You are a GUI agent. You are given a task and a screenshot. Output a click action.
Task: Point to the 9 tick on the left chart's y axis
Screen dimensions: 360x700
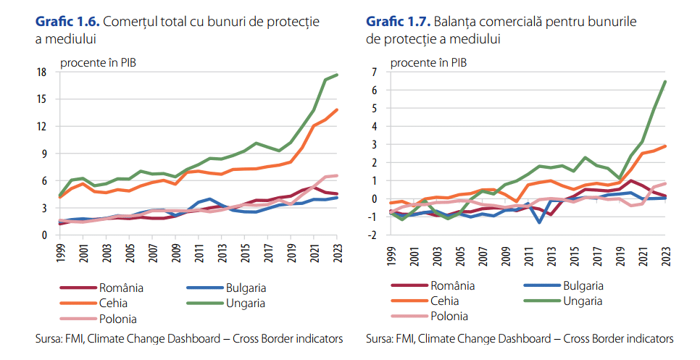click(44, 154)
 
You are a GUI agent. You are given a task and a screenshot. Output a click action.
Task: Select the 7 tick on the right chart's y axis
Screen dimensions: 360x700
click(375, 72)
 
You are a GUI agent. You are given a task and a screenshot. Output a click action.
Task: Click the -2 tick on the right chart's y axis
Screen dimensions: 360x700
click(372, 235)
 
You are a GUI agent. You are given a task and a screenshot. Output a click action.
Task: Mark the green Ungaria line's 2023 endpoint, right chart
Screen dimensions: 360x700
click(666, 81)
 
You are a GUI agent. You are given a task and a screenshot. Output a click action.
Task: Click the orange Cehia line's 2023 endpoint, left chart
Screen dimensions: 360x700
click(336, 110)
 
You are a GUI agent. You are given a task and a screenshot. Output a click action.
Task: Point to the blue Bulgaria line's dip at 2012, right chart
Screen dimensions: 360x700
click(540, 222)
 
